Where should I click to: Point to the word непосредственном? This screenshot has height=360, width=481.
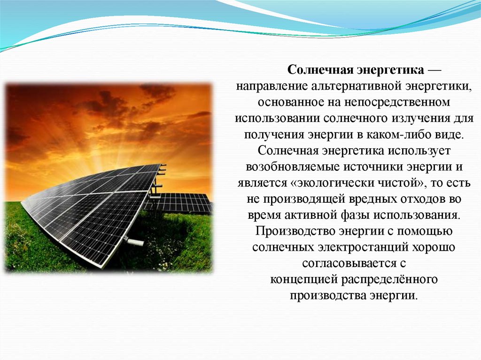397,102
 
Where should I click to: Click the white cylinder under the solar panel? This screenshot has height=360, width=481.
135,242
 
